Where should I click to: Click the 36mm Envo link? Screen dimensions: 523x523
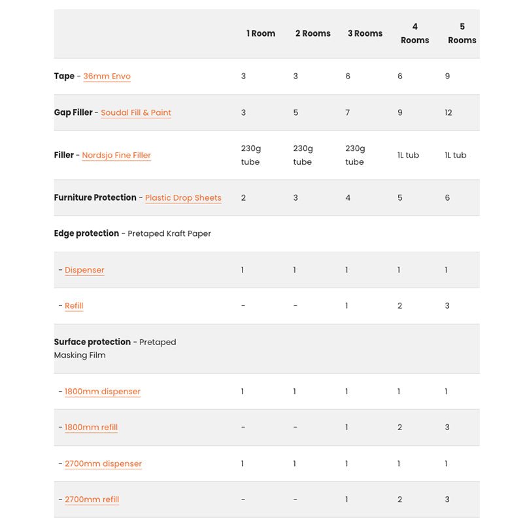[x=107, y=76]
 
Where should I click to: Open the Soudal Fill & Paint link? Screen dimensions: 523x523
[x=136, y=112]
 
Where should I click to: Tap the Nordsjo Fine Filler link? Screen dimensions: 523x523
[x=116, y=156]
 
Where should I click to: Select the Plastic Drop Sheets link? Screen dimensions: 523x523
[x=183, y=198]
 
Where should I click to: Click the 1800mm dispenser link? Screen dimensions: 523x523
[x=103, y=392]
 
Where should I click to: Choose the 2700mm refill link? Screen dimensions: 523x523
[x=92, y=499]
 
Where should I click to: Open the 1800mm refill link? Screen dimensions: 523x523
[x=91, y=428]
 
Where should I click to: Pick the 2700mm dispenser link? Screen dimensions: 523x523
[x=103, y=464]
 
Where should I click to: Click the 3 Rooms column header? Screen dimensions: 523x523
[x=365, y=33]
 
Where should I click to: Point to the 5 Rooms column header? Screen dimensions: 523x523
[x=462, y=33]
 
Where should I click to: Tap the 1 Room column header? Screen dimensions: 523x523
[x=261, y=33]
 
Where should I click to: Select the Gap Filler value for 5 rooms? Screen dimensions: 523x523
[x=448, y=112]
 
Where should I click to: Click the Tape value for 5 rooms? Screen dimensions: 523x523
[x=447, y=76]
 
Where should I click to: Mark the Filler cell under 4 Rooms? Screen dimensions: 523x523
[x=408, y=156]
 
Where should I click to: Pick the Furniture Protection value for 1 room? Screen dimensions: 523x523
[x=243, y=198]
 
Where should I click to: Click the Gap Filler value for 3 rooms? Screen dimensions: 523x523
[x=348, y=112]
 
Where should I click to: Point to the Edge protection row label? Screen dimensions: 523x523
[x=86, y=233]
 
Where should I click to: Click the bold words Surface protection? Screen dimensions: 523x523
[x=92, y=342]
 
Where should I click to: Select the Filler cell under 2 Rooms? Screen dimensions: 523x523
[x=303, y=156]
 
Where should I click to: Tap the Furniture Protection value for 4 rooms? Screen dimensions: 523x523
[x=400, y=198]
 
